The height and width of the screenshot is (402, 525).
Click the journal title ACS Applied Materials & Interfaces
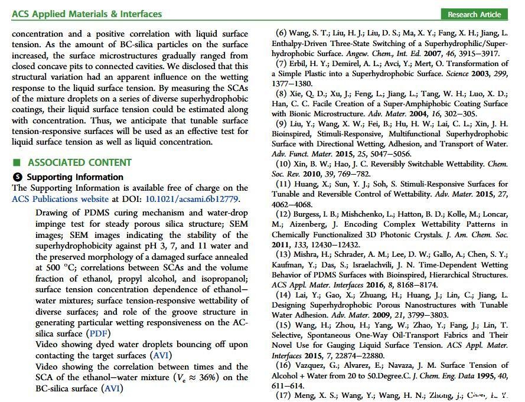click(x=87, y=14)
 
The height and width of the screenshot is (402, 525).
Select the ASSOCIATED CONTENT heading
click(x=79, y=162)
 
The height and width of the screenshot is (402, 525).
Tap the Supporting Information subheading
click(x=75, y=177)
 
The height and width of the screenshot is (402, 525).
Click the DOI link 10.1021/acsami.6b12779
click(x=192, y=199)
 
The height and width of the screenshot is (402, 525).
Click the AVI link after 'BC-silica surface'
click(x=113, y=388)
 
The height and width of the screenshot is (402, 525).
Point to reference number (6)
click(x=281, y=34)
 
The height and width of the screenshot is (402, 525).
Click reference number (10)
click(x=283, y=164)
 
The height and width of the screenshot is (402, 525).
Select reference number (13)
click(x=283, y=254)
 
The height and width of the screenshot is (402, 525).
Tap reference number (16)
click(x=283, y=365)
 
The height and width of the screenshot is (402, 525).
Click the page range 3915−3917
click(x=475, y=53)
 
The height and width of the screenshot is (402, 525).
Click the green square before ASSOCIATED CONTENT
click(x=17, y=162)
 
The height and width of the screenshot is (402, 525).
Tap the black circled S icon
click(x=17, y=177)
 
